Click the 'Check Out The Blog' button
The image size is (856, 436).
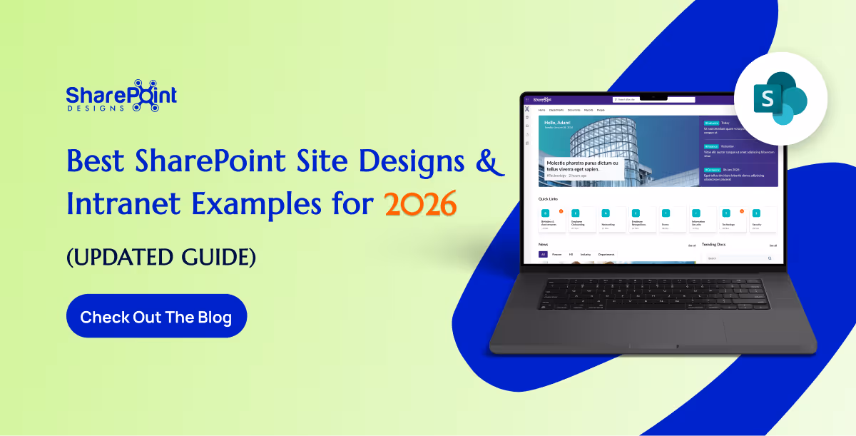[x=156, y=316]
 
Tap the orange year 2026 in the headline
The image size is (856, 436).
[x=420, y=205]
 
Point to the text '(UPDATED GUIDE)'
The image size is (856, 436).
[x=160, y=255]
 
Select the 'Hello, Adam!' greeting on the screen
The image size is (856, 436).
[x=559, y=123]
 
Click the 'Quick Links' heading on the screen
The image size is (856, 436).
[x=549, y=198]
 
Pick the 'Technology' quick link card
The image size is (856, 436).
[x=728, y=219]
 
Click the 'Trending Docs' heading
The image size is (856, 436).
[x=713, y=245]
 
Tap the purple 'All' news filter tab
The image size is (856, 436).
[x=543, y=254]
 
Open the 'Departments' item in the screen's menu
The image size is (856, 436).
[x=556, y=111]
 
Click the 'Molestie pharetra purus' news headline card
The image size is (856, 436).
[x=581, y=168]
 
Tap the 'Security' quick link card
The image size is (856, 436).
[x=757, y=219]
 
